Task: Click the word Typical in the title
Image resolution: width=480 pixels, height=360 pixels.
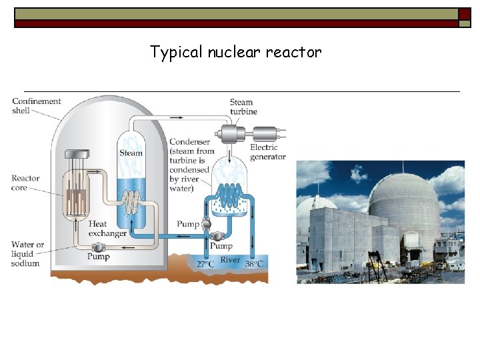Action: click(x=171, y=52)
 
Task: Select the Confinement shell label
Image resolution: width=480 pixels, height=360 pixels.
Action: click(x=36, y=106)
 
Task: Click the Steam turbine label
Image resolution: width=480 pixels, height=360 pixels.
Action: click(x=243, y=107)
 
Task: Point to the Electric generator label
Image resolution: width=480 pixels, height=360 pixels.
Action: click(x=267, y=152)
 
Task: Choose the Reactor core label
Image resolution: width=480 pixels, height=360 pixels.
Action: click(x=25, y=183)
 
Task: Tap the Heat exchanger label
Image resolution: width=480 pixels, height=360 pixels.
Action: click(x=107, y=229)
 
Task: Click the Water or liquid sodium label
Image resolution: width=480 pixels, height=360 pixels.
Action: click(x=27, y=253)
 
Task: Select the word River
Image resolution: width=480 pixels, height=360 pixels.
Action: click(x=230, y=260)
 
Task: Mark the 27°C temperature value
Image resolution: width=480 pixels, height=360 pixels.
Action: click(x=205, y=265)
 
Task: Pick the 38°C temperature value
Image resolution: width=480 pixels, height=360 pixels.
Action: click(x=254, y=265)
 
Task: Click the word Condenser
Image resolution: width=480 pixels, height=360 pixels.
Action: click(x=189, y=142)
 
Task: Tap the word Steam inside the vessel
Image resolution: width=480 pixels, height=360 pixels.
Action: click(x=131, y=153)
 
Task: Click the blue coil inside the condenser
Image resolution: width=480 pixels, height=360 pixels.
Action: click(x=231, y=193)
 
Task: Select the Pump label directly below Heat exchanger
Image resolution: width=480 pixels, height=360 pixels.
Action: click(x=99, y=257)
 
